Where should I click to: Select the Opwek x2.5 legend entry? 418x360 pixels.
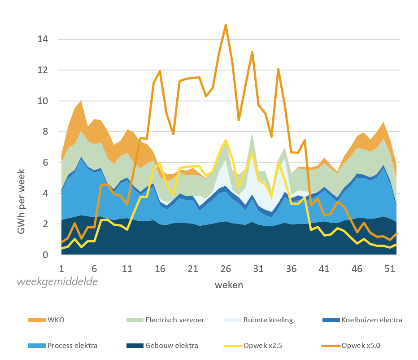click(260, 346)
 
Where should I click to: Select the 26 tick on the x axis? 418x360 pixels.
click(226, 268)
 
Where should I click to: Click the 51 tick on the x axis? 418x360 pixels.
click(390, 268)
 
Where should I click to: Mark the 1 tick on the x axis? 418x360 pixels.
click(62, 268)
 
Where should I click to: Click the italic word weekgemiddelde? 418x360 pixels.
click(57, 282)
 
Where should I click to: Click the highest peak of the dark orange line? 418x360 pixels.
click(226, 25)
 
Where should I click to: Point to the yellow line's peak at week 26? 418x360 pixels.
click(226, 140)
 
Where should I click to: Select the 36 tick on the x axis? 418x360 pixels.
click(292, 268)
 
